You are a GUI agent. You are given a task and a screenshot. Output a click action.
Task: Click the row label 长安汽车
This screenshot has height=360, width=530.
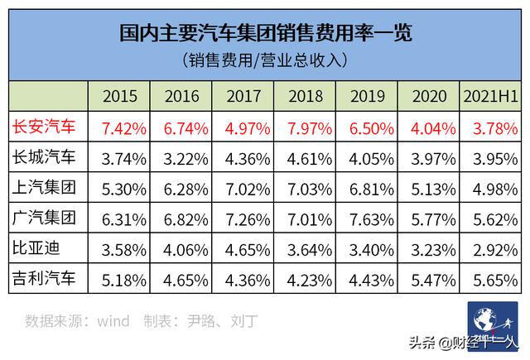(46, 127)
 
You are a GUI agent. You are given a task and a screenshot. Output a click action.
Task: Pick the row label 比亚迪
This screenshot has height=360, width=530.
(37, 246)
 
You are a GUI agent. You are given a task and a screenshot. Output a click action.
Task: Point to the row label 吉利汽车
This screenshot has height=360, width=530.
(46, 276)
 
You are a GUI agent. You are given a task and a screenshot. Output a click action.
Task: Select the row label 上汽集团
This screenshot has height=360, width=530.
(46, 186)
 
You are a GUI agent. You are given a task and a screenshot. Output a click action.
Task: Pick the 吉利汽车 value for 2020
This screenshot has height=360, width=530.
(431, 276)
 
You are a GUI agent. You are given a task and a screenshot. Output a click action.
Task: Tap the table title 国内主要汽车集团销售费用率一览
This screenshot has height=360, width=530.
(265, 34)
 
